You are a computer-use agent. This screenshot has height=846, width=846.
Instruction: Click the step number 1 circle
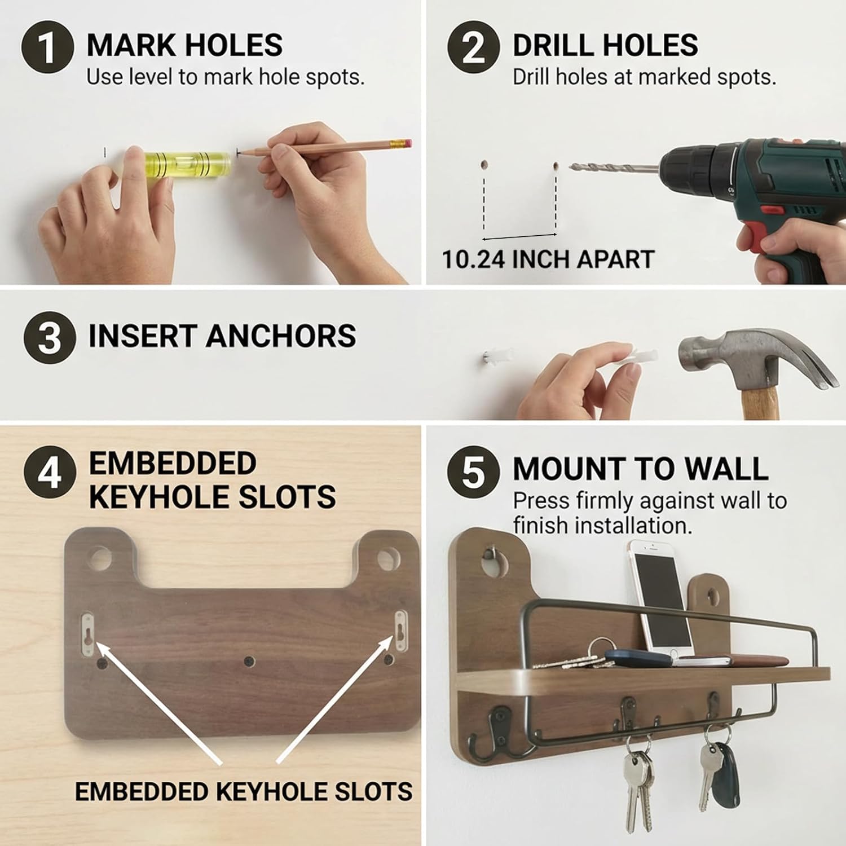coord(48,47)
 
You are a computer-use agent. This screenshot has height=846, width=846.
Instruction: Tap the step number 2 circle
coord(473,47)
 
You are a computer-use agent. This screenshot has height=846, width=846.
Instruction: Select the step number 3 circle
coord(50,337)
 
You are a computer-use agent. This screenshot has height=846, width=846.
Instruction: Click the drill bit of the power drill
coord(614,168)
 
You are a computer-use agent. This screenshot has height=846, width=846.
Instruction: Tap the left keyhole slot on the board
coord(87,635)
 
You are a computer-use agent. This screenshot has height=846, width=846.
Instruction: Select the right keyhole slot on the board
coord(400,631)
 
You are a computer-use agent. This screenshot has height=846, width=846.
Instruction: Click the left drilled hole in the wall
coord(484,165)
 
